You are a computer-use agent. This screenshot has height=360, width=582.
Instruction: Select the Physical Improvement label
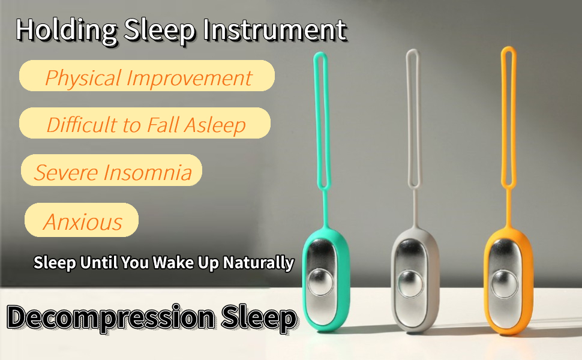(x=148, y=77)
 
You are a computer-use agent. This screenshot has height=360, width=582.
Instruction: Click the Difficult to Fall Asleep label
(x=146, y=125)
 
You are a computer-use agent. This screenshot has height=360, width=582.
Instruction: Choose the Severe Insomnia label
(x=112, y=172)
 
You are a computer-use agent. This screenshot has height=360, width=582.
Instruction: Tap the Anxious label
(x=82, y=221)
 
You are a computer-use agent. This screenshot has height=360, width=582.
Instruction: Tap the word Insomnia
(x=148, y=172)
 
